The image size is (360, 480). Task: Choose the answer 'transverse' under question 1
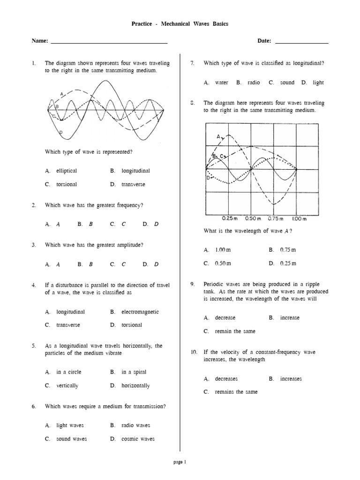click(x=133, y=184)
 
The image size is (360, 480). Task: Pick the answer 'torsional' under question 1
click(x=67, y=184)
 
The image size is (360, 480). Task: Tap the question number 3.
click(x=34, y=245)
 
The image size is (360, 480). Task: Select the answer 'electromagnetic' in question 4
click(x=140, y=312)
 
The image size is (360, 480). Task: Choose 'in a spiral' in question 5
click(x=134, y=372)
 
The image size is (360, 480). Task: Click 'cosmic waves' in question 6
click(x=138, y=439)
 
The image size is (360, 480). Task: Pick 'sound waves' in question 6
click(x=71, y=439)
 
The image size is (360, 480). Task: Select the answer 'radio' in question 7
click(x=254, y=82)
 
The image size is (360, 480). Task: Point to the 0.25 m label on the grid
click(x=230, y=218)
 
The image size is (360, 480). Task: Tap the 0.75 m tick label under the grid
click(x=276, y=218)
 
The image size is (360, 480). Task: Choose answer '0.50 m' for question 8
click(x=223, y=263)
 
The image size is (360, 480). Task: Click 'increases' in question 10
click(x=291, y=379)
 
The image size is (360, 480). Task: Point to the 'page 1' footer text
click(x=180, y=462)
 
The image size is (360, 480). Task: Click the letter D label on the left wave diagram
click(x=61, y=133)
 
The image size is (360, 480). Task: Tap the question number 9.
click(x=192, y=285)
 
